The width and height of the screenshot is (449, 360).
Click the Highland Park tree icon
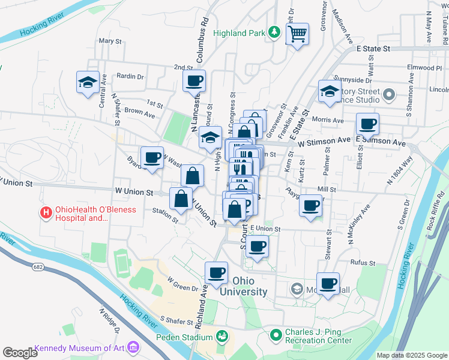coord(274,32)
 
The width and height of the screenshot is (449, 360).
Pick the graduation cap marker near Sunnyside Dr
coord(329,91)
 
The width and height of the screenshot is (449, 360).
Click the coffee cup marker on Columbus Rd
coord(194,81)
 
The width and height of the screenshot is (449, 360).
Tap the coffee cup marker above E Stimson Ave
coord(367,124)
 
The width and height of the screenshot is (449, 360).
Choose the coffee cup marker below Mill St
coord(310,206)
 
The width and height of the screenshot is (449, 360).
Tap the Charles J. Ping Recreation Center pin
coord(276,334)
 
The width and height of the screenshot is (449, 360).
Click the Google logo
coord(20,352)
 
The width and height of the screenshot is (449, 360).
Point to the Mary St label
coord(110,41)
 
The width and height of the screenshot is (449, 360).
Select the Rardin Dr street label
coord(130,77)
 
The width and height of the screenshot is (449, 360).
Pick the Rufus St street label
coord(363,263)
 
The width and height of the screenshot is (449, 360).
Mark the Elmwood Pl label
coord(423,68)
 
